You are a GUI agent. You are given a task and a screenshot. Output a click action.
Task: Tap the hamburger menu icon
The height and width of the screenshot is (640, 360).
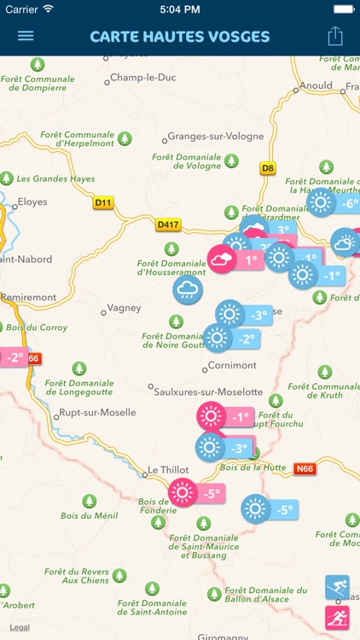click(x=26, y=36)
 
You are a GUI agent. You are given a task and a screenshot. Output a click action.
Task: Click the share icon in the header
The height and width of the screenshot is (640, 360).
click(x=335, y=36)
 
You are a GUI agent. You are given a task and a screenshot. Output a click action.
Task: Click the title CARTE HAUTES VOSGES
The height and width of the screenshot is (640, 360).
click(x=179, y=37)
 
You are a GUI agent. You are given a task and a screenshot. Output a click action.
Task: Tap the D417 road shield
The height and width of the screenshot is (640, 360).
click(x=169, y=224)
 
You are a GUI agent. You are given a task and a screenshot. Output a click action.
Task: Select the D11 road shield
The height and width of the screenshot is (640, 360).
click(x=103, y=203)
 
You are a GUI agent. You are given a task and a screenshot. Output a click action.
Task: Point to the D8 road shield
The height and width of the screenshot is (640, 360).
click(x=269, y=168)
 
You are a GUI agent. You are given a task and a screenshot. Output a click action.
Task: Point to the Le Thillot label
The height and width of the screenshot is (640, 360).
click(x=167, y=469)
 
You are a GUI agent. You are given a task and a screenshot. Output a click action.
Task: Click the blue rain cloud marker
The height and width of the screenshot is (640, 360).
click(x=188, y=290)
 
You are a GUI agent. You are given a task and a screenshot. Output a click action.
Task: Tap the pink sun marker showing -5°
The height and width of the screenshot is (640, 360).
click(x=183, y=492)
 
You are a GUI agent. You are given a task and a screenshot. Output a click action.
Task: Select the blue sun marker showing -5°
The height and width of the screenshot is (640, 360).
click(x=255, y=509)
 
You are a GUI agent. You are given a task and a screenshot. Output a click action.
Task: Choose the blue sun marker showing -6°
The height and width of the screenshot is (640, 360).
click(x=321, y=203)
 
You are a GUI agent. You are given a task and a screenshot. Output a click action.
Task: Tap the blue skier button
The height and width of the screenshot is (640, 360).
click(x=337, y=587)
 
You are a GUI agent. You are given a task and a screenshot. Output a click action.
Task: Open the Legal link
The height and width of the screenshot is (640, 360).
click(x=20, y=627)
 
